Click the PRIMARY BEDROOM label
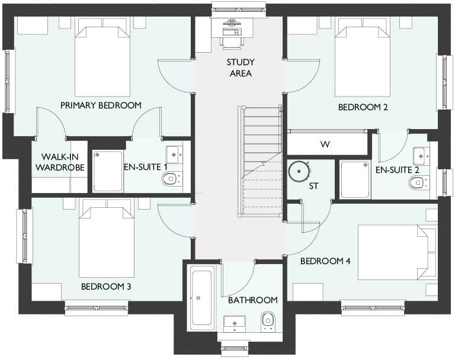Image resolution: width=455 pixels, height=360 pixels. coord(101,105)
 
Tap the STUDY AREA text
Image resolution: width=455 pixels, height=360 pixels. coord(240,67)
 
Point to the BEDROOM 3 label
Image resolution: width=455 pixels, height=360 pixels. coord(106,287)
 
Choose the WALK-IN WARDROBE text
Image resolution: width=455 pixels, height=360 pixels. coord(59,162)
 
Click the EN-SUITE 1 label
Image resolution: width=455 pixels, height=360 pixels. coord(145,167)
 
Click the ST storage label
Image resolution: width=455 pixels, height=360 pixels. coord(313,186)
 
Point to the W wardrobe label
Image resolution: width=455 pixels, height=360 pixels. coord(325,144)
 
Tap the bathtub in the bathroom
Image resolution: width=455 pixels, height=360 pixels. coord(202,298)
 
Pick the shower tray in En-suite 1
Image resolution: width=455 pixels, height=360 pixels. coord(108,171)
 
